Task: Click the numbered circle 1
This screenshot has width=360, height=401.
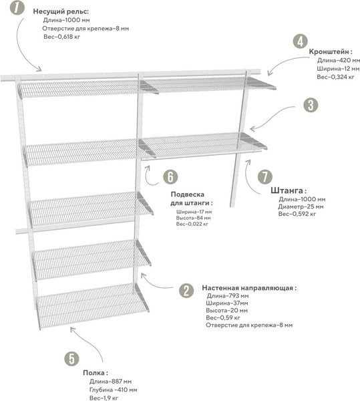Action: click(17, 7)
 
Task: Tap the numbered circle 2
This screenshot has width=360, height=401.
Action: click(186, 291)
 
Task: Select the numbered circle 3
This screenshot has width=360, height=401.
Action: click(311, 105)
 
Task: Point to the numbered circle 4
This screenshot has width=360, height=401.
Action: click(300, 41)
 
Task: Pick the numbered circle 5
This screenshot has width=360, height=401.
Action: click(71, 358)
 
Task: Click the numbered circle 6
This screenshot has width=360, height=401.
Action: click(170, 176)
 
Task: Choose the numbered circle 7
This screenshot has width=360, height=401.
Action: click(265, 176)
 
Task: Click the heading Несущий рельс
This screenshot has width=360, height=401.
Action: click(61, 12)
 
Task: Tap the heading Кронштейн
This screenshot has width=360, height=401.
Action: click(331, 51)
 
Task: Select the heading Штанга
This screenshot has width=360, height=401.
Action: click(289, 190)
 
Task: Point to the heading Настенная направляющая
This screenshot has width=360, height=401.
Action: click(249, 288)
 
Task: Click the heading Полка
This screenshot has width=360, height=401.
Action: click(96, 373)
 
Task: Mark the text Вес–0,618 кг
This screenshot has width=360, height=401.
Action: click(62, 37)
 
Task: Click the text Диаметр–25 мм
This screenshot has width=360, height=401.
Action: click(301, 207)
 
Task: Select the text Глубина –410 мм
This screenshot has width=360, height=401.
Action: click(113, 390)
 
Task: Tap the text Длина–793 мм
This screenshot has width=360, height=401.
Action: click(227, 296)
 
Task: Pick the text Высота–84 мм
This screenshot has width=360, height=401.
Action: click(194, 218)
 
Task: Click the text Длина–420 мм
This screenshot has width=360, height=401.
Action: click(339, 60)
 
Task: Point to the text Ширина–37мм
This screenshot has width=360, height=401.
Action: click(227, 303)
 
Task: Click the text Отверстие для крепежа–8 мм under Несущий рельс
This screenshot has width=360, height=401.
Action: click(85, 28)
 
